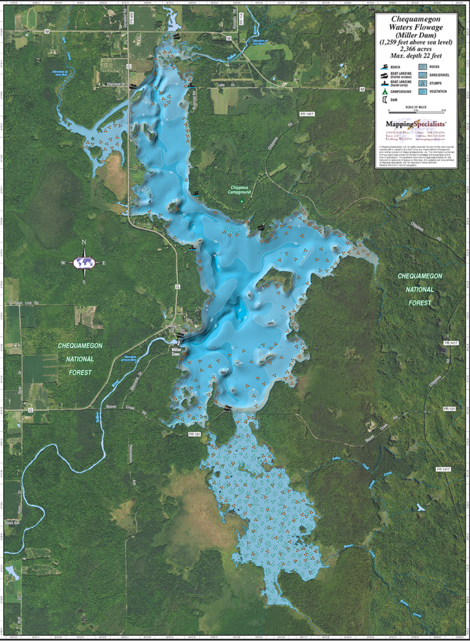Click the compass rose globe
point(84,263)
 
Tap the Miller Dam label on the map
point(180,351)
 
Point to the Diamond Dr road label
point(115,84)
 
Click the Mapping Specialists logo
point(416,124)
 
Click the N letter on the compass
point(84,242)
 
